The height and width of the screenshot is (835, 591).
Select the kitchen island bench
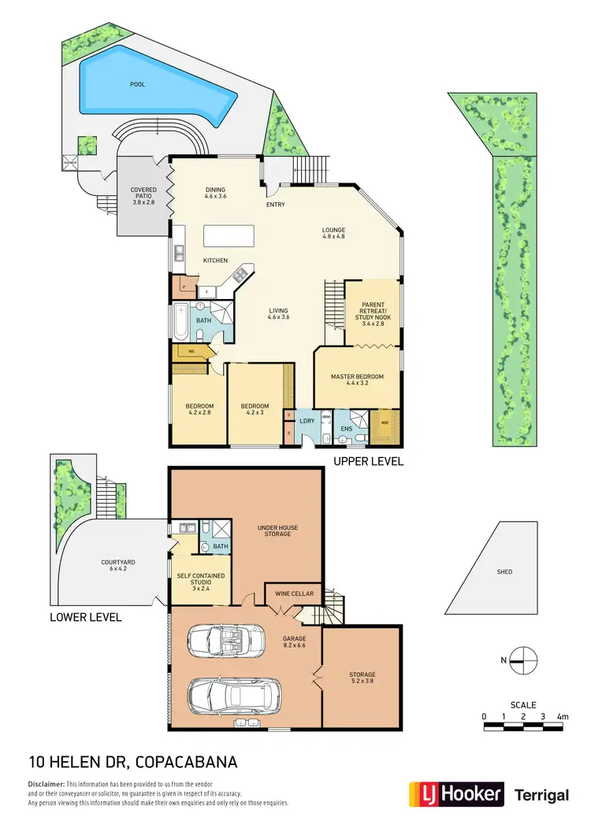229,236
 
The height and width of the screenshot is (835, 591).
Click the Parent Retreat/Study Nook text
372,312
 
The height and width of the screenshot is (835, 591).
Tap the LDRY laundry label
307,421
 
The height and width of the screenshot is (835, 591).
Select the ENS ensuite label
347,430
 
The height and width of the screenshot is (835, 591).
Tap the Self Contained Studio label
201,580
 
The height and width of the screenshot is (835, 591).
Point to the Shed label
504,571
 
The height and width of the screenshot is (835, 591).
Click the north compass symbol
522,661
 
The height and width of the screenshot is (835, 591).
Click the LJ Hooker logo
455,794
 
